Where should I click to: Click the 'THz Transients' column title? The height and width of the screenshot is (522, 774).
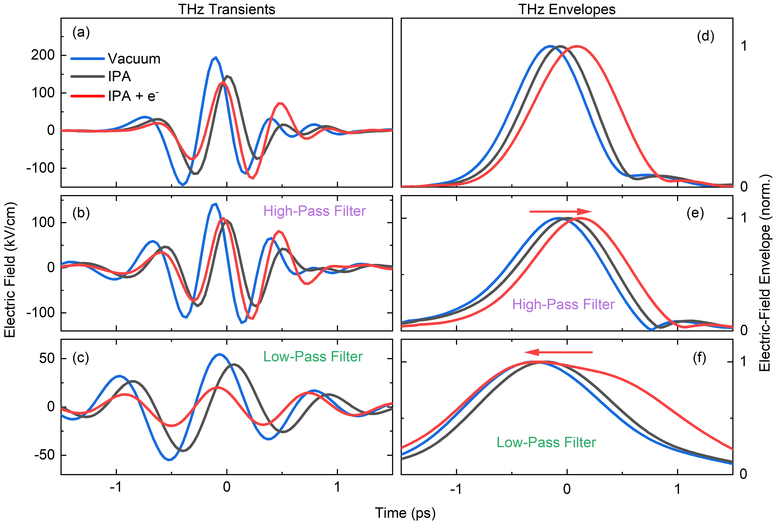pos(227,9)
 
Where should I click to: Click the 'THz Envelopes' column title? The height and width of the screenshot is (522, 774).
pos(567,9)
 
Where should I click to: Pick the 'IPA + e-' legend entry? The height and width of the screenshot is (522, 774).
pos(133,96)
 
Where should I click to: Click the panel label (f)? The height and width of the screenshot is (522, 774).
pos(699,358)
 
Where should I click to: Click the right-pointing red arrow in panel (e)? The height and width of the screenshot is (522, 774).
pos(561,211)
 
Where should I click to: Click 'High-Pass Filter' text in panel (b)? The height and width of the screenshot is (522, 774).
pos(314,211)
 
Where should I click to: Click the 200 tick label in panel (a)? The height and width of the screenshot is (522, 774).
pos(43,55)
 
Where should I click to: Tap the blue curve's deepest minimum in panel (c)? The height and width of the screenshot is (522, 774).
pos(169,460)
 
